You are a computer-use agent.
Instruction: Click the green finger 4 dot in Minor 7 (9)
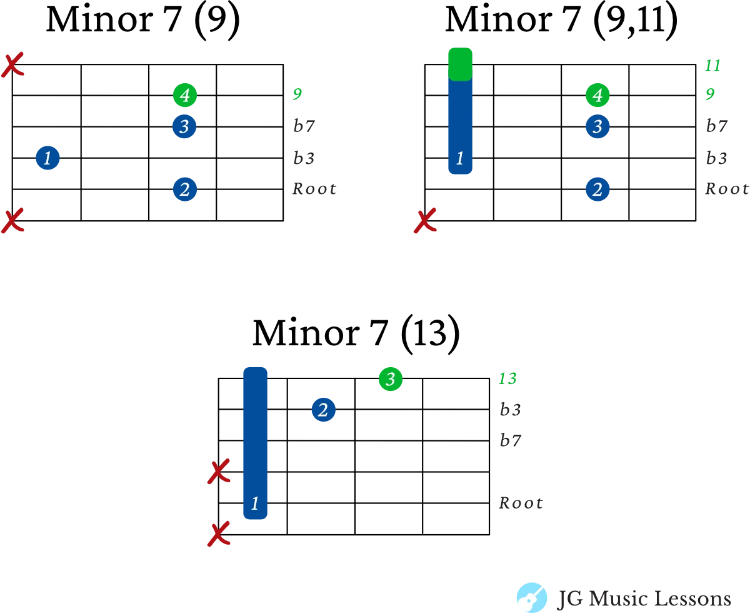tap(184, 95)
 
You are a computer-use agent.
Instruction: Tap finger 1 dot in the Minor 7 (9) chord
tap(47, 158)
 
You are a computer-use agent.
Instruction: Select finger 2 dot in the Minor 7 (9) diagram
tap(184, 189)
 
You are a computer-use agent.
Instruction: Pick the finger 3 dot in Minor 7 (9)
tap(184, 126)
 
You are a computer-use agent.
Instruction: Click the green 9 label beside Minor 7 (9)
tap(297, 94)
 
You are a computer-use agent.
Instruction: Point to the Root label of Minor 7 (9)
tap(314, 189)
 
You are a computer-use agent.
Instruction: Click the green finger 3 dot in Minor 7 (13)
tap(391, 379)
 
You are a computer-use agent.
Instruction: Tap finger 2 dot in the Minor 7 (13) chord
tap(323, 410)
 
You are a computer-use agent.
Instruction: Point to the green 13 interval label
tap(507, 378)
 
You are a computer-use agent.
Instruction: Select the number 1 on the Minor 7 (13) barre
tap(254, 504)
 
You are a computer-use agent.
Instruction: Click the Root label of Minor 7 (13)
tap(521, 503)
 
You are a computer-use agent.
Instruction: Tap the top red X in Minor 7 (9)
tap(12, 65)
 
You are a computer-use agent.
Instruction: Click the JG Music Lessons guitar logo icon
tap(532, 597)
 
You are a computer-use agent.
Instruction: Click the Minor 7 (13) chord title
tap(356, 333)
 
